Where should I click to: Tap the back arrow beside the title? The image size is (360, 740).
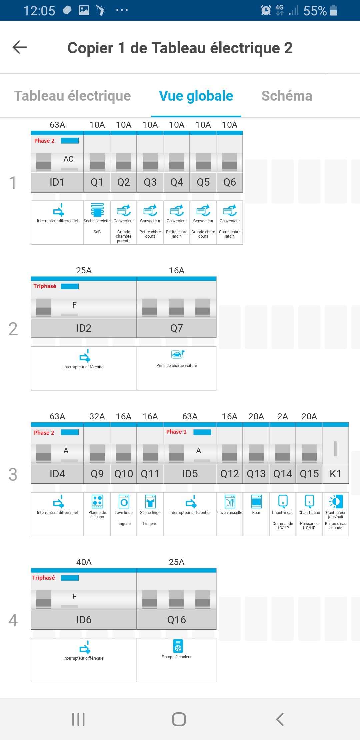19,47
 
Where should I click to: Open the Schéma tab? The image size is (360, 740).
287,96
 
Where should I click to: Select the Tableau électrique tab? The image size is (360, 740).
72,96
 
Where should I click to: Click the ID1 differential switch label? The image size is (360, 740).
57,182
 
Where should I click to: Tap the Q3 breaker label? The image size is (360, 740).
150,182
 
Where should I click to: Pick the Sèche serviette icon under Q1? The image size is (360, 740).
97,210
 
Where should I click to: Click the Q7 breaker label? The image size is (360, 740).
176,328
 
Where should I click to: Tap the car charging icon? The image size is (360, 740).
177,354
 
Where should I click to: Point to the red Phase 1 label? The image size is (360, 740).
176,432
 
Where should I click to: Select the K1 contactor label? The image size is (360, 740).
335,474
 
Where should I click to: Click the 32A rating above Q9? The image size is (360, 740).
97,416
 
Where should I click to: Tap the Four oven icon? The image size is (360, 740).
256,501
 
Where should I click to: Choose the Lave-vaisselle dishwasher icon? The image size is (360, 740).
230,501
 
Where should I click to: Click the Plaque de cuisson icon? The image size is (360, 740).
97,501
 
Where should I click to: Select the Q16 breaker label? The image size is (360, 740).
176,620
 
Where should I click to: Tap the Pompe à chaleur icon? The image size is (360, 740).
178,646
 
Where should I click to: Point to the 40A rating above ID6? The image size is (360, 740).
84,562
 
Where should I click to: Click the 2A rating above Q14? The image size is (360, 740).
283,416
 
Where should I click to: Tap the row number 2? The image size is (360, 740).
13,329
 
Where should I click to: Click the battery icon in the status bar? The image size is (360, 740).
333,10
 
